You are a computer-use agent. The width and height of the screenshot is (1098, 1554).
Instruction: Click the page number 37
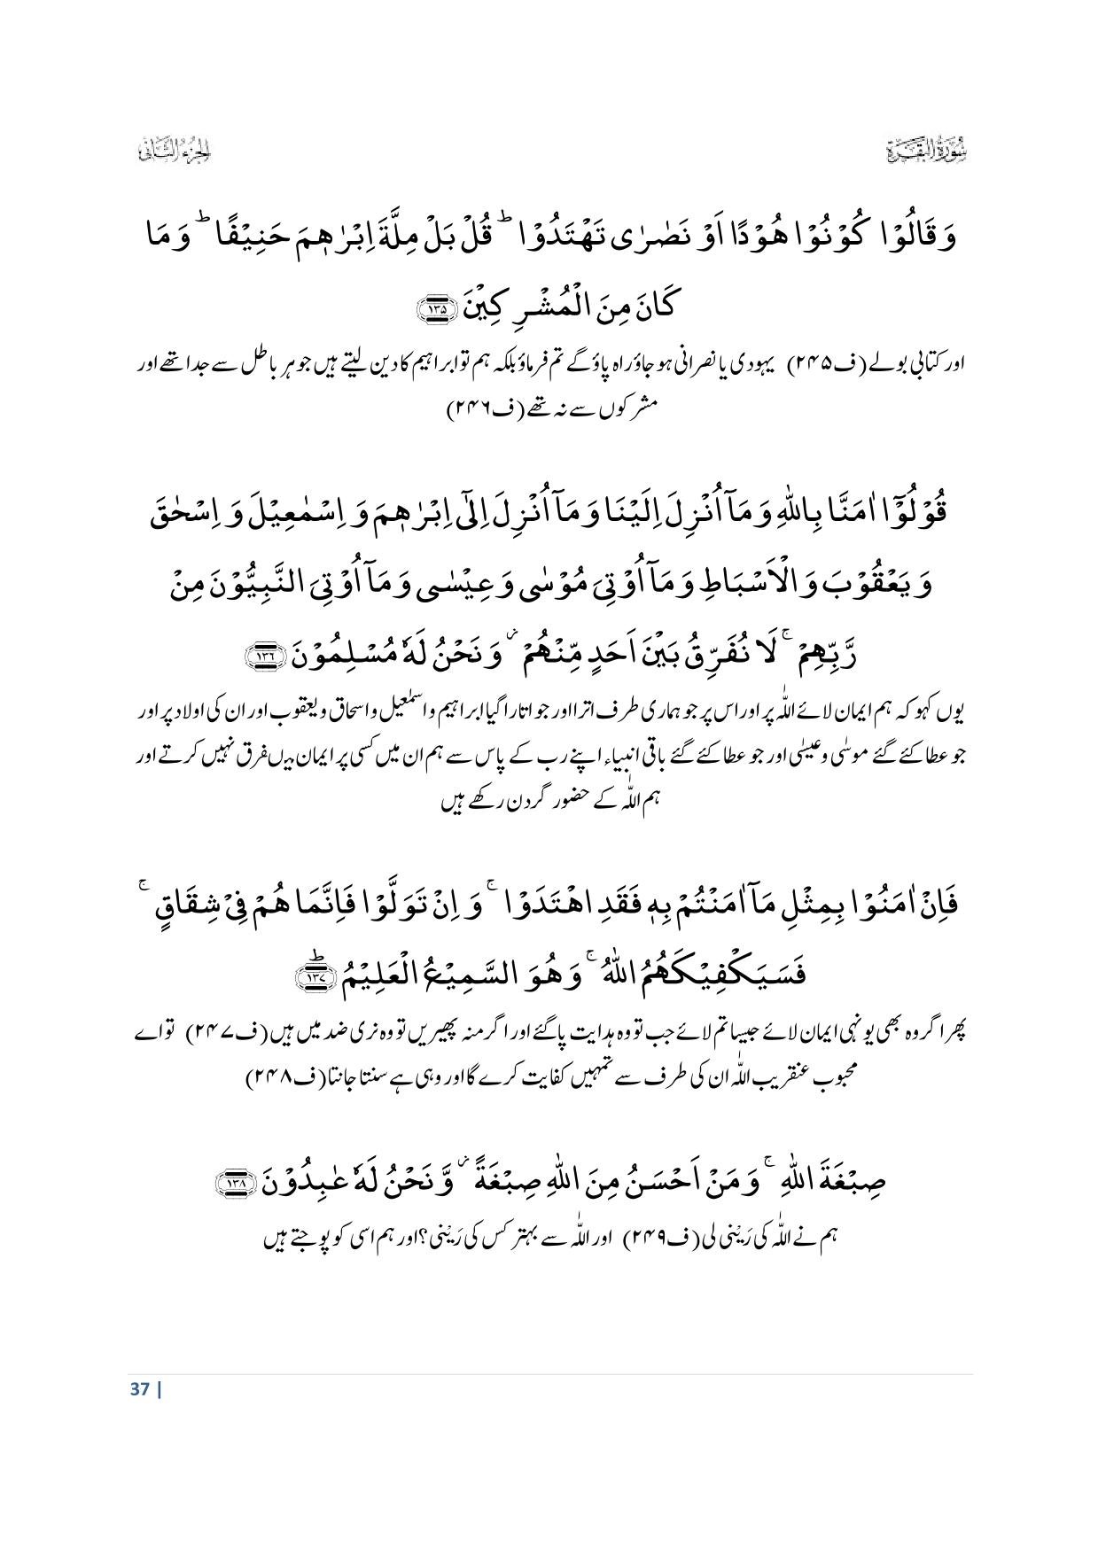pyautogui.click(x=136, y=1387)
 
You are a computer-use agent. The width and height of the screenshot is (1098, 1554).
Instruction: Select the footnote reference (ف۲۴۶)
pyautogui.click(x=477, y=412)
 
